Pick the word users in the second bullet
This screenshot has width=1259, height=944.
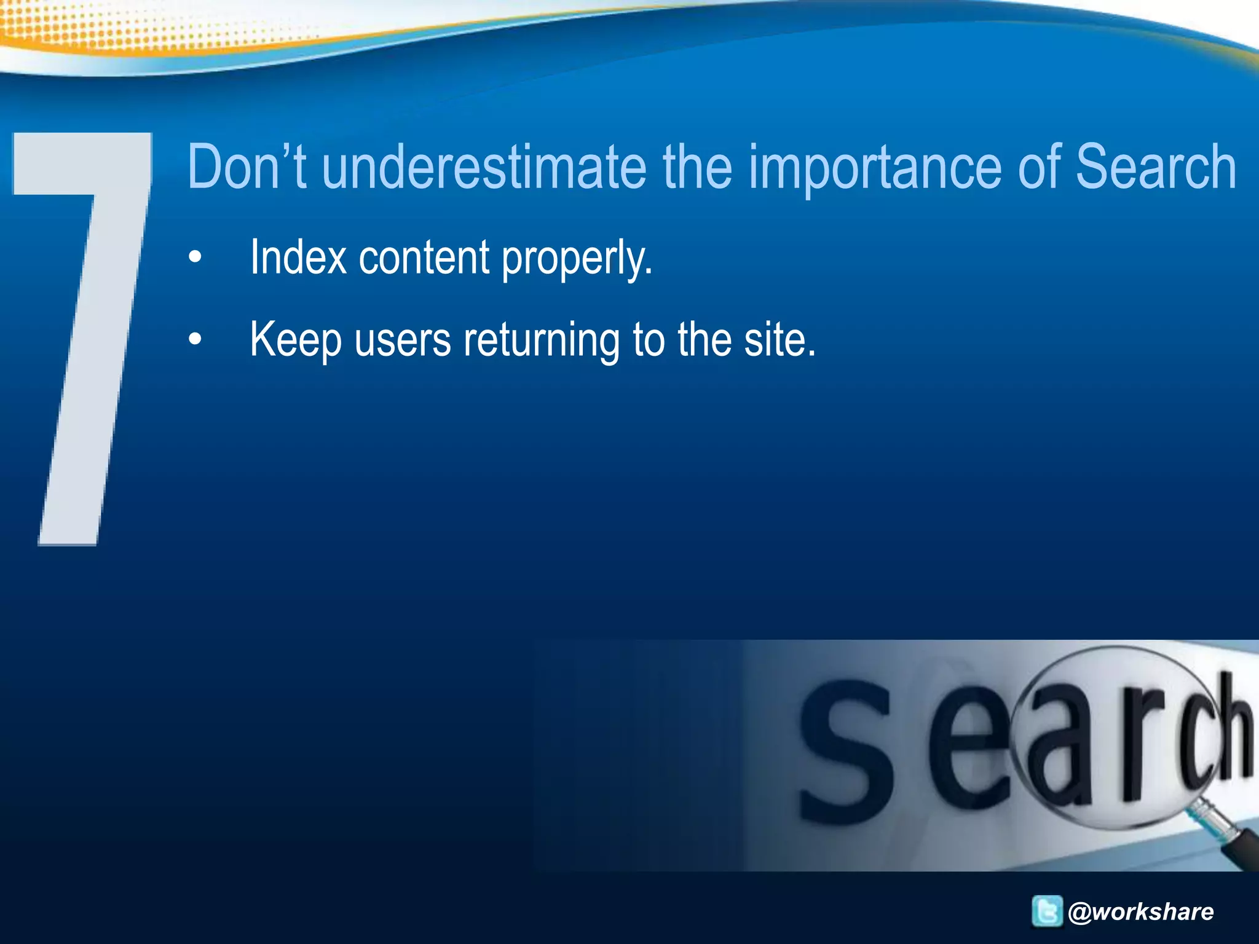pyautogui.click(x=403, y=340)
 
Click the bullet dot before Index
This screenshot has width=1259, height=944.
pyautogui.click(x=195, y=257)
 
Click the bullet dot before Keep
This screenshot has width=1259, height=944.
pyautogui.click(x=195, y=339)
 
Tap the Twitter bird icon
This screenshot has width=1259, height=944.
pyautogui.click(x=1047, y=911)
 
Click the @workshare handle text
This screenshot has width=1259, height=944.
pyautogui.click(x=1141, y=911)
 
